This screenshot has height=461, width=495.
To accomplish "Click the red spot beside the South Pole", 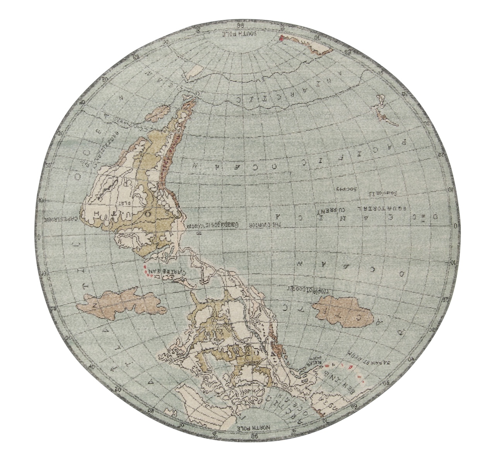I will (282, 38).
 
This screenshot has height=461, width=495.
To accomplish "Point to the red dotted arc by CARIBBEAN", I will (145, 272).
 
